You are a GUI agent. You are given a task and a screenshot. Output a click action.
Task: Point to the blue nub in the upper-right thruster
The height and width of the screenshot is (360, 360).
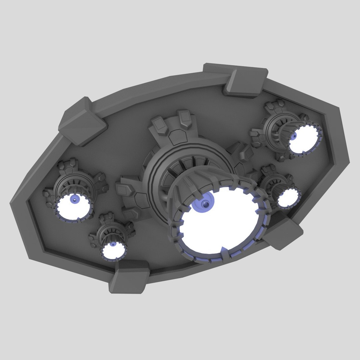click(294, 136)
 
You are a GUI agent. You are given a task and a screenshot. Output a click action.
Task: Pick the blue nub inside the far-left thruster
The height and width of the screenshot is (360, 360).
click(75, 200)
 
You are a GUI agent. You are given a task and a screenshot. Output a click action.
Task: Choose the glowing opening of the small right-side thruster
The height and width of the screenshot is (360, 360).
click(287, 198)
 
